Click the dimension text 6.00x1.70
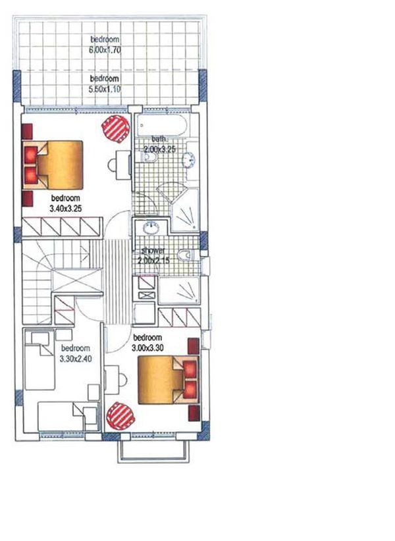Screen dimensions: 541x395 (x=107, y=49)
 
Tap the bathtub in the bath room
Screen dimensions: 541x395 (x=162, y=125)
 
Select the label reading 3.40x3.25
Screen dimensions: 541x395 (x=65, y=207)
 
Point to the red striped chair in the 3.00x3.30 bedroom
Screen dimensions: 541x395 (x=121, y=415)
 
